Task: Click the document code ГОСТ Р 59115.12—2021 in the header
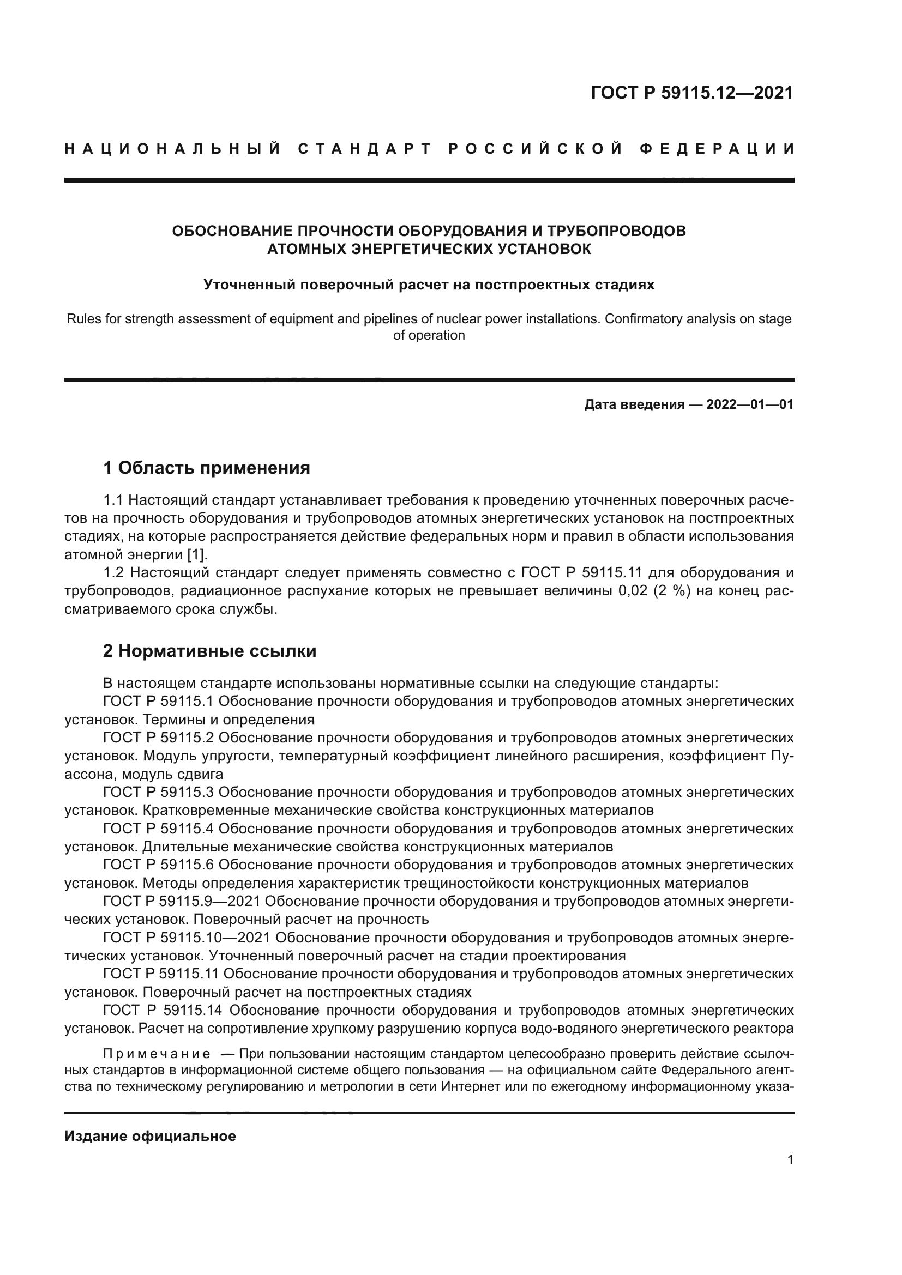click(x=692, y=93)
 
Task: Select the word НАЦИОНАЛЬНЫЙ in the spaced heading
click(x=173, y=149)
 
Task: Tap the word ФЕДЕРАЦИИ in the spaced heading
click(x=717, y=149)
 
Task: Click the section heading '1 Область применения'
click(x=207, y=468)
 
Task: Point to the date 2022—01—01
click(x=750, y=404)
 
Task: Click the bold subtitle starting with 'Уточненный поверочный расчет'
click(x=429, y=285)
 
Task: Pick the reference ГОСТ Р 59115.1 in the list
click(x=158, y=701)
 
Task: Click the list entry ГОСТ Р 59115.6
click(x=158, y=865)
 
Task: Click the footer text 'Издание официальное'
click(x=150, y=1136)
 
